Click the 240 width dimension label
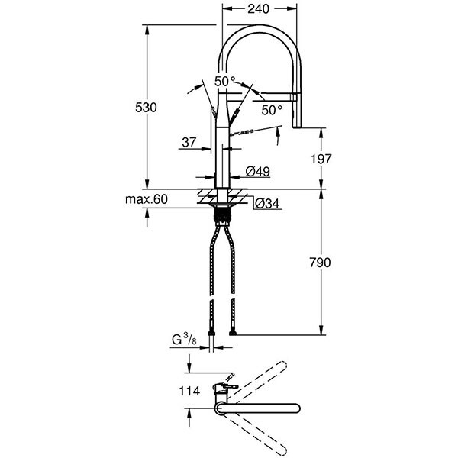click(x=259, y=9)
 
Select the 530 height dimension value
click(x=146, y=108)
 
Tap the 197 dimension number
click(x=321, y=159)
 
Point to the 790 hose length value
click(x=320, y=263)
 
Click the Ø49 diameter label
click(x=258, y=171)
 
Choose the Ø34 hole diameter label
click(x=267, y=203)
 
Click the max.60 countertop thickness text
click(x=147, y=199)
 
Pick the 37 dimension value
click(x=189, y=142)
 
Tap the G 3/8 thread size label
click(x=184, y=340)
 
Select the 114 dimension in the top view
click(x=189, y=391)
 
